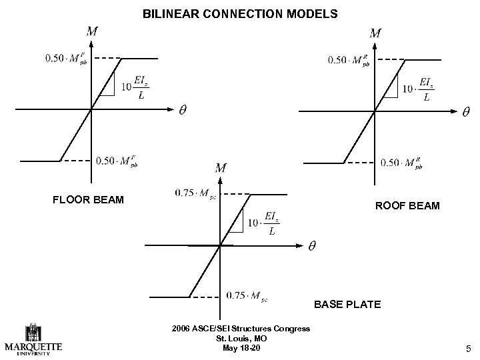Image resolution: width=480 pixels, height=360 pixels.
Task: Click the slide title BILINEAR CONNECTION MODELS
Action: [240, 13]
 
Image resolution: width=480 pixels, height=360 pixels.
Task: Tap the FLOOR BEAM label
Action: [88, 199]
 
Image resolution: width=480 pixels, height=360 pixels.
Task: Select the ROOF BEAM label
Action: [407, 205]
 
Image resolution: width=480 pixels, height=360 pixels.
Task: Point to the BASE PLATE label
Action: [347, 305]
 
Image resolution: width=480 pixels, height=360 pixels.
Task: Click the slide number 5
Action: [469, 347]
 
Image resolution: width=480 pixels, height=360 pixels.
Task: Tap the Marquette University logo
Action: [33, 340]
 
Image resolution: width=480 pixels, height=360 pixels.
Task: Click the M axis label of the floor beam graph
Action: [92, 31]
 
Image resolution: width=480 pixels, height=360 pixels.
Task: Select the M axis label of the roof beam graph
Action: [375, 32]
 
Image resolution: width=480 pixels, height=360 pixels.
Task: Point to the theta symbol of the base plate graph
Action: [311, 247]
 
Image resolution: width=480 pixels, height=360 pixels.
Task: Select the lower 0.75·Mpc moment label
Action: [247, 295]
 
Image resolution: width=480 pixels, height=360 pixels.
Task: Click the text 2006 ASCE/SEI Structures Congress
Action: [240, 329]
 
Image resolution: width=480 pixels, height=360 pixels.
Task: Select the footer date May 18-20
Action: [239, 348]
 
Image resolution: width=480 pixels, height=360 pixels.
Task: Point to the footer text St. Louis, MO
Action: [239, 339]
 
